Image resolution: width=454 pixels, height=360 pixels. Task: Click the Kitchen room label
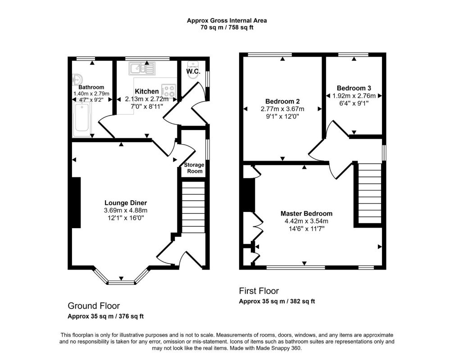147,91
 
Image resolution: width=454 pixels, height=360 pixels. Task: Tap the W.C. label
193,71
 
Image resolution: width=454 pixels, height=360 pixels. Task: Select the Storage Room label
194,168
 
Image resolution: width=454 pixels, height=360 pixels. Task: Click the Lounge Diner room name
126,203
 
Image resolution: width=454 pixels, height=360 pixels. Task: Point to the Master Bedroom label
306,214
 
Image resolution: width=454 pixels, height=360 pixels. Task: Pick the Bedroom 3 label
354,88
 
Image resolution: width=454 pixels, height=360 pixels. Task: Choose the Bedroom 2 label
282,101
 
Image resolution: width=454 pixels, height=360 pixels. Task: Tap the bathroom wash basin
77,79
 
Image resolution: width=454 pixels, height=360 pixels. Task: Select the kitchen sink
142,68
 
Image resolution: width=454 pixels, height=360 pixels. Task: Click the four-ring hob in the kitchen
168,91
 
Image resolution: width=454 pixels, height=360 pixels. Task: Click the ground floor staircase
193,207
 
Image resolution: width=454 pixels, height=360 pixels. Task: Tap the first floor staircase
370,193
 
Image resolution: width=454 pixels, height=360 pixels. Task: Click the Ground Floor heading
94,306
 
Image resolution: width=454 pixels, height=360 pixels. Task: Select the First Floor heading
259,291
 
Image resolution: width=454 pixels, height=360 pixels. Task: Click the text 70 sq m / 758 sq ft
227,28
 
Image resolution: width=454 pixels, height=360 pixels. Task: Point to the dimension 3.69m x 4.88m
126,211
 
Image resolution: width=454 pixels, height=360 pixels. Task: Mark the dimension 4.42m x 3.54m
306,221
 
